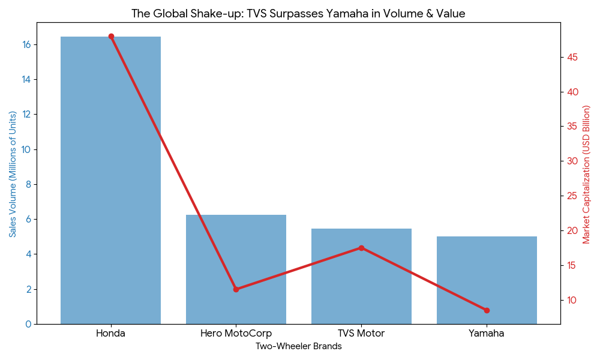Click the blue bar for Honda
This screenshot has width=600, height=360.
(x=110, y=180)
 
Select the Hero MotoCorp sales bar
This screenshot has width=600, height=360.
(x=236, y=269)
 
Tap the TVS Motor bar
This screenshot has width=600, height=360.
(x=361, y=276)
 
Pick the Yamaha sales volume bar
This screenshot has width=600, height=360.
(x=487, y=280)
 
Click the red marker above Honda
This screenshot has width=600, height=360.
(x=111, y=37)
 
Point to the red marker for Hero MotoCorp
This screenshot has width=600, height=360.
(x=236, y=289)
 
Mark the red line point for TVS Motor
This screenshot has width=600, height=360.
(x=361, y=248)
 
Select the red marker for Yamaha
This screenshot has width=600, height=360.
(x=487, y=310)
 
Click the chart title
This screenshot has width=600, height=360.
(x=298, y=13)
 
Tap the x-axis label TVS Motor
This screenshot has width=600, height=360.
(x=361, y=334)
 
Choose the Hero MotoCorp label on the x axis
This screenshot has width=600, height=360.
(x=236, y=334)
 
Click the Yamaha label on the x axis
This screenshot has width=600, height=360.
(x=487, y=334)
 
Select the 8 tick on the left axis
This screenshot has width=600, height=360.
(x=28, y=185)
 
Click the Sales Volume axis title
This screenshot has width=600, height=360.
(x=13, y=174)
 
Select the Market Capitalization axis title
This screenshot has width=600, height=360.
(x=587, y=174)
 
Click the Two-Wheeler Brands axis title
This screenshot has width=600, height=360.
(x=298, y=347)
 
